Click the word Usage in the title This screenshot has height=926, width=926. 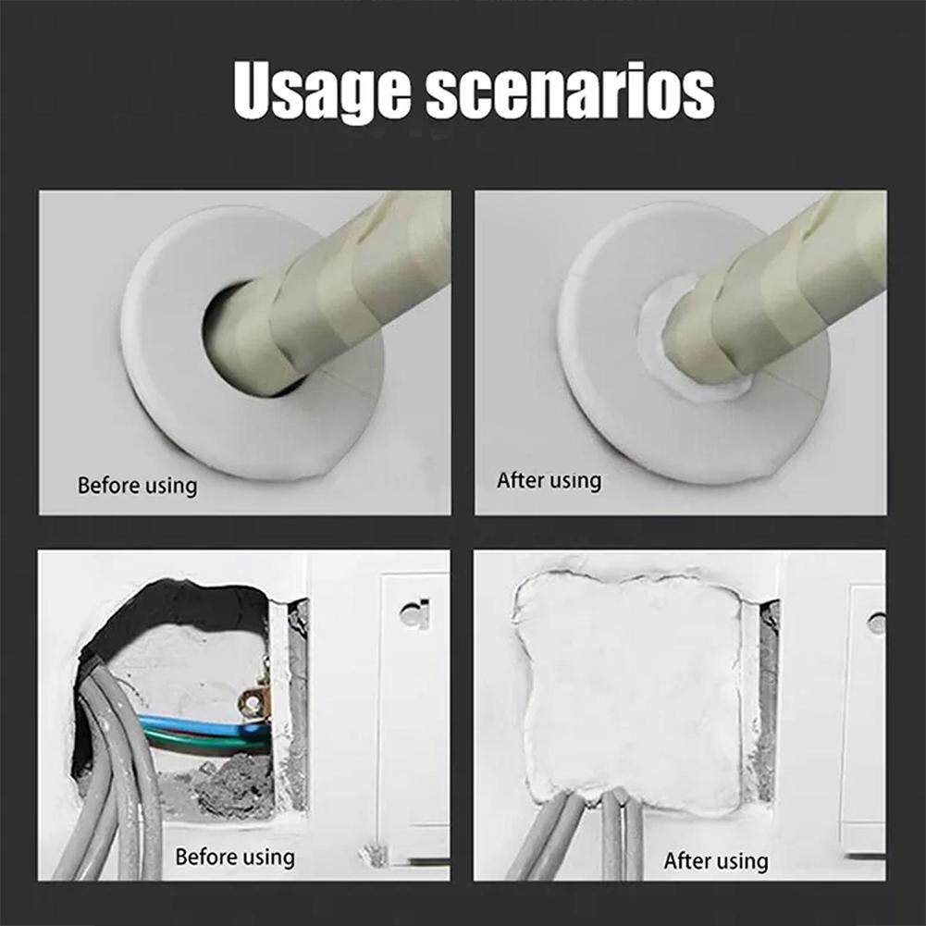322,93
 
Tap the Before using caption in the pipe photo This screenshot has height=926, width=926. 137,486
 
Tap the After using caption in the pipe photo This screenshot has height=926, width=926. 549,480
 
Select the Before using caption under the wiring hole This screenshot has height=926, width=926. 235,857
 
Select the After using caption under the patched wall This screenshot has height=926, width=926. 716,860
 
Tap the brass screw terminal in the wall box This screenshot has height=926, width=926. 253,702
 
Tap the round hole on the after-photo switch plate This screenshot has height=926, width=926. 877,624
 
